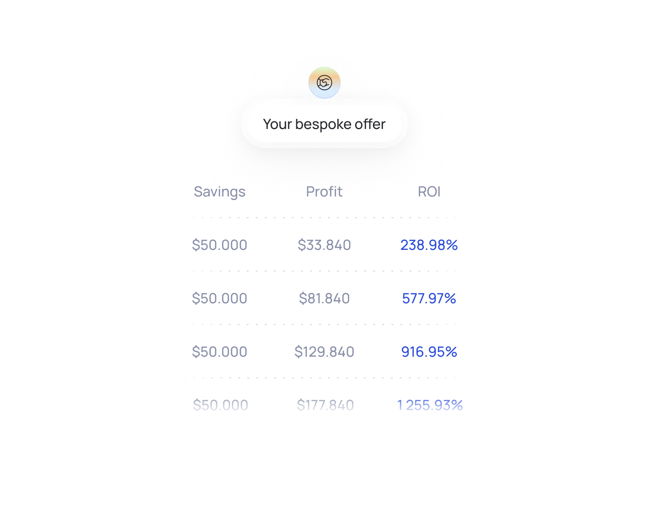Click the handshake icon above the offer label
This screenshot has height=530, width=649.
click(x=325, y=82)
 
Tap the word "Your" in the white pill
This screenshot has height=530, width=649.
click(x=277, y=124)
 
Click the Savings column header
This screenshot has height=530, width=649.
click(x=220, y=191)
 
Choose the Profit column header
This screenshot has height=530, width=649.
click(x=324, y=191)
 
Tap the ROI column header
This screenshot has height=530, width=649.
click(x=429, y=191)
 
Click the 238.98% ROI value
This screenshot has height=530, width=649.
click(x=429, y=245)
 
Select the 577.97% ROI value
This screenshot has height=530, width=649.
click(x=429, y=299)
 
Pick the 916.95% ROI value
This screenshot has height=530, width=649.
click(x=429, y=351)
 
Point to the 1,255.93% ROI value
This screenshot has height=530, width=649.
click(x=430, y=405)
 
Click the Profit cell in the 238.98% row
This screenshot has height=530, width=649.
click(x=323, y=246)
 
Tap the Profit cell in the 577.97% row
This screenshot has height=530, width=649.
click(x=324, y=299)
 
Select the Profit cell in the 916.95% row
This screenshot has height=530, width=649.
click(x=324, y=351)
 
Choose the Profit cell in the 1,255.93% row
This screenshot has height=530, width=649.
click(x=324, y=405)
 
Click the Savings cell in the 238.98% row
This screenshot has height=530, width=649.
click(x=220, y=246)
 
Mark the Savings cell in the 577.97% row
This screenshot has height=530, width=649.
click(x=219, y=299)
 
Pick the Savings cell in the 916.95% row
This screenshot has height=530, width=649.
click(x=220, y=351)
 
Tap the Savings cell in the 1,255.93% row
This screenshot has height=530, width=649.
click(x=220, y=405)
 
